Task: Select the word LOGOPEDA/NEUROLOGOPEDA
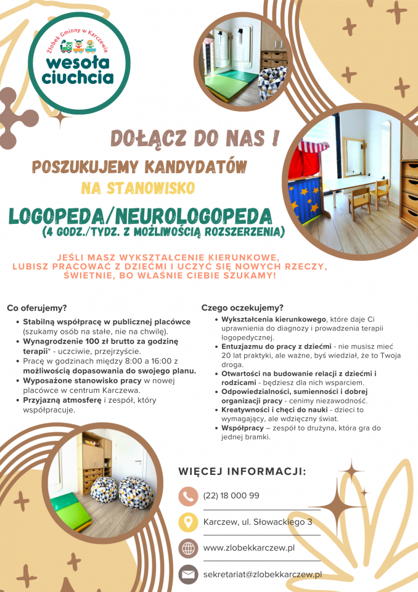pos(140,216)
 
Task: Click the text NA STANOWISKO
pos(138,187)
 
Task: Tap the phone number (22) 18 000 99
pos(231,496)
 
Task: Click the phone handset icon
pos(187,496)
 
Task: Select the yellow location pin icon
pos(187,522)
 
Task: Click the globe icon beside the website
pos(187,548)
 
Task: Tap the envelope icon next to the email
pos(187,575)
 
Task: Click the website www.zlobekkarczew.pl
pos(248,548)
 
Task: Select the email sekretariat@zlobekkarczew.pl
pos(263,575)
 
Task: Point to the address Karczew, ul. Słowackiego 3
pos(257,522)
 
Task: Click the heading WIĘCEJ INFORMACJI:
pos(242,472)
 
